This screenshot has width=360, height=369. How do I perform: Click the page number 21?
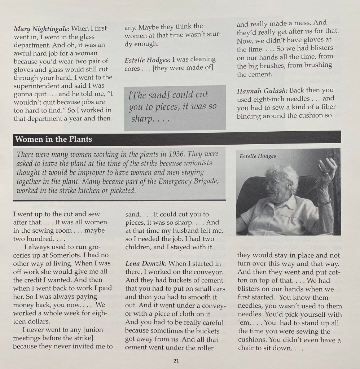(176, 360)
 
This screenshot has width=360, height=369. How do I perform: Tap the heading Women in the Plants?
(54, 139)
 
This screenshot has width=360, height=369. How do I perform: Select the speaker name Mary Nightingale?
(42, 28)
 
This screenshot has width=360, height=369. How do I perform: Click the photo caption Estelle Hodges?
(258, 156)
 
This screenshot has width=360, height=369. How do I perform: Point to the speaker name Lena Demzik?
(146, 264)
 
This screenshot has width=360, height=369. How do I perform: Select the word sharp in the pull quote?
(141, 119)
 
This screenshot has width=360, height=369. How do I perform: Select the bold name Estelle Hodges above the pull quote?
(148, 59)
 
